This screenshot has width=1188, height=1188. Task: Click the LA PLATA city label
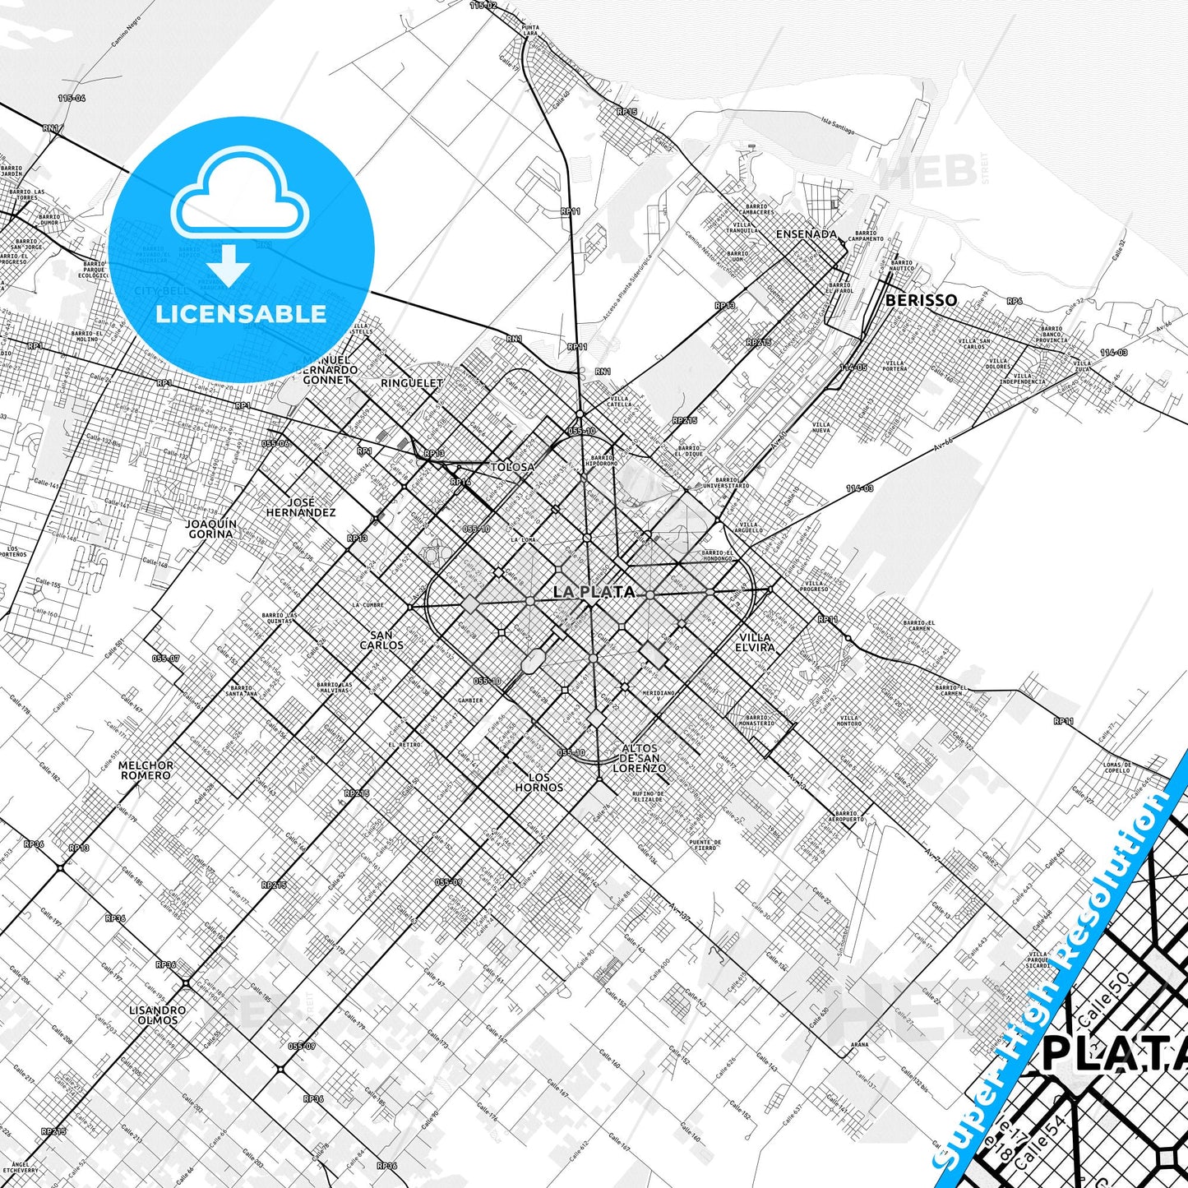tap(594, 592)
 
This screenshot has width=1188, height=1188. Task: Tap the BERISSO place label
tap(921, 301)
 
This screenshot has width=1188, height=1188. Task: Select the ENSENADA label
tap(806, 234)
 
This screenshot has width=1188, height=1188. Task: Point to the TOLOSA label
tap(512, 467)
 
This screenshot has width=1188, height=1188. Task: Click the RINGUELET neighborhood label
tap(412, 383)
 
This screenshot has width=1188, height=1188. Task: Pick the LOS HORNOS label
tap(539, 782)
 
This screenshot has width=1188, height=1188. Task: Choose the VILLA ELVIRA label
tap(755, 642)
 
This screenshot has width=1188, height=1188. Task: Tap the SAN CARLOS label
tap(381, 640)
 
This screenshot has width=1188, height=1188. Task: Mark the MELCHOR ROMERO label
tap(146, 770)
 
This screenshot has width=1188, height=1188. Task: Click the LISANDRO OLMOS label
tap(157, 1015)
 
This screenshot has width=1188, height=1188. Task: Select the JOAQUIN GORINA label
tap(210, 529)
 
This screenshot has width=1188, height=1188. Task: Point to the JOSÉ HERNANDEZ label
tap(301, 507)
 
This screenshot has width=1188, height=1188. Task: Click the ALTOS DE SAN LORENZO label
tap(640, 758)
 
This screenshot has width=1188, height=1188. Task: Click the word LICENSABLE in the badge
tap(241, 314)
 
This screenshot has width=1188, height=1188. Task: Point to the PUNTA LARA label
tap(530, 30)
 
